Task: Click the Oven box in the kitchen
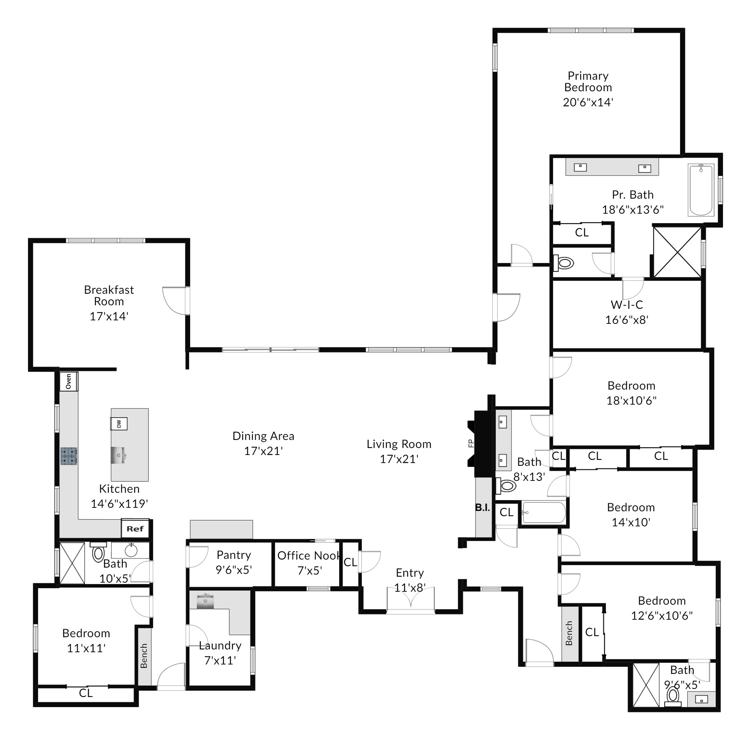tap(69, 381)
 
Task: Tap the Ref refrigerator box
tap(135, 528)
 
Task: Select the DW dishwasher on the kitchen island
tap(119, 424)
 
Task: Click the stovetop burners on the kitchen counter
tap(69, 456)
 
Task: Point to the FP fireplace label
tap(471, 443)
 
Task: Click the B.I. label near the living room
tap(482, 507)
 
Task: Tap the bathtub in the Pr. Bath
tap(701, 190)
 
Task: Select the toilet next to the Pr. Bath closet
tap(564, 263)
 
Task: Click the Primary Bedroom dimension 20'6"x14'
tap(588, 102)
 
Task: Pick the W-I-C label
tap(627, 305)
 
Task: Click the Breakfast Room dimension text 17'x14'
tap(109, 316)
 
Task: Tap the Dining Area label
tap(263, 436)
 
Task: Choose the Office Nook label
tap(309, 556)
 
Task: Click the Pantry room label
tap(234, 555)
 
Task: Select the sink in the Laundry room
tap(205, 601)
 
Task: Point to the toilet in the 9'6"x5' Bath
tap(673, 697)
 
